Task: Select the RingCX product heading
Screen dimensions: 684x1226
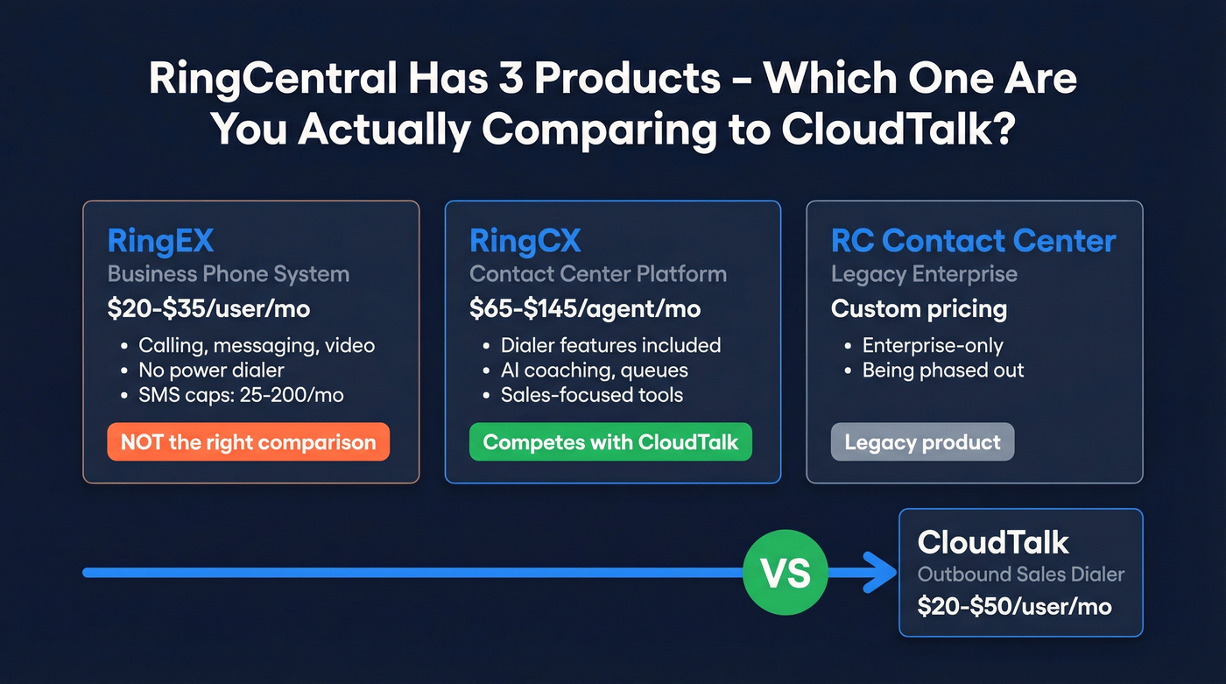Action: (x=525, y=241)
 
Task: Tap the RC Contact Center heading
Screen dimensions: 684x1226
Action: (x=973, y=241)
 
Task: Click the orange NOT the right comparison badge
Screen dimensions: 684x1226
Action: (x=248, y=442)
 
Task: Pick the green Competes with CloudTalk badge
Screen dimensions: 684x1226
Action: (x=610, y=442)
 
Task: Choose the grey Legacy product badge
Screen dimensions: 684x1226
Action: (x=922, y=442)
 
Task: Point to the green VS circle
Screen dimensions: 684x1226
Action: (x=785, y=573)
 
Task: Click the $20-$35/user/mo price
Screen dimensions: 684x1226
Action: (x=208, y=309)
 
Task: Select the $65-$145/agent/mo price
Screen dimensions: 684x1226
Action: (x=585, y=309)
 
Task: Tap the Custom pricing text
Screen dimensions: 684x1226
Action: (x=919, y=309)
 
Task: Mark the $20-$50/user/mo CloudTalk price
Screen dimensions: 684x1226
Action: (x=1014, y=606)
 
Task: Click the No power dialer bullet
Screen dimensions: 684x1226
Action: (x=211, y=370)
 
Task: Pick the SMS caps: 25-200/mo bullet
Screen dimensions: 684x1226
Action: (x=241, y=395)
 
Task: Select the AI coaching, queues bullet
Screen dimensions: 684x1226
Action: (x=594, y=370)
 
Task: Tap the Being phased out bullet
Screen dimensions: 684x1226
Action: (x=942, y=370)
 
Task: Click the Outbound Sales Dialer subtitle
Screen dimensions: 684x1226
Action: (x=1020, y=575)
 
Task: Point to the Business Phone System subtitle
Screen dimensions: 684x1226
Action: (x=228, y=274)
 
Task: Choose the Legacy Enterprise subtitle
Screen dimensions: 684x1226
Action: (x=924, y=274)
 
